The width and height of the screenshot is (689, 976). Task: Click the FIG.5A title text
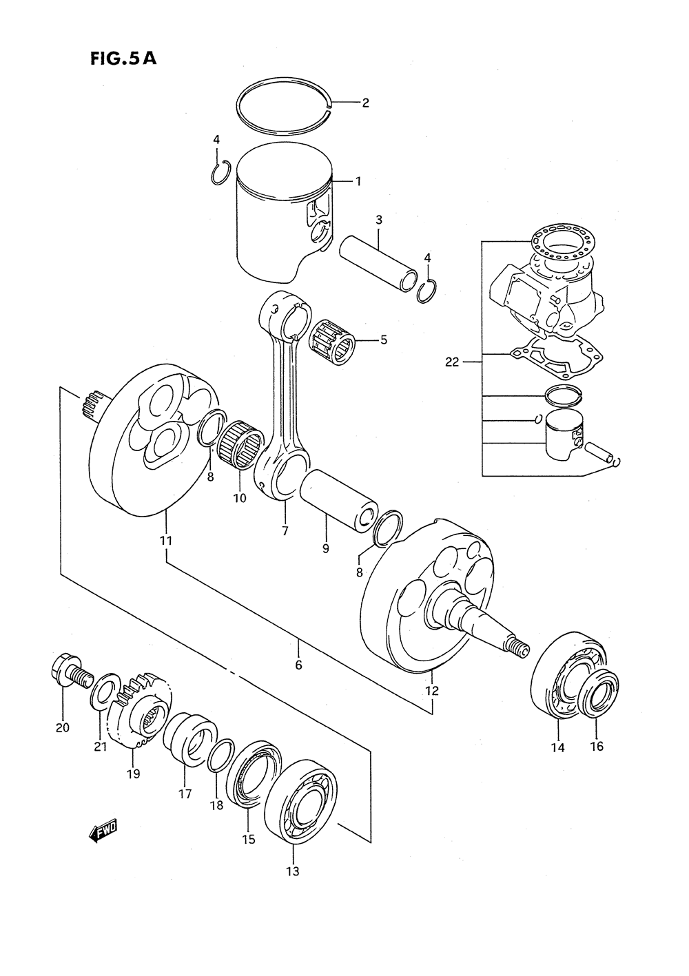click(x=123, y=59)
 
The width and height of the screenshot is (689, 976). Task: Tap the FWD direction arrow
click(x=103, y=833)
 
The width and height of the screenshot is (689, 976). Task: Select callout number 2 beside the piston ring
click(x=365, y=103)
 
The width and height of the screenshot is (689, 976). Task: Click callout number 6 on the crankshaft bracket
click(x=298, y=665)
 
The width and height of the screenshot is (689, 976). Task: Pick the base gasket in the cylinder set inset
click(x=557, y=362)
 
